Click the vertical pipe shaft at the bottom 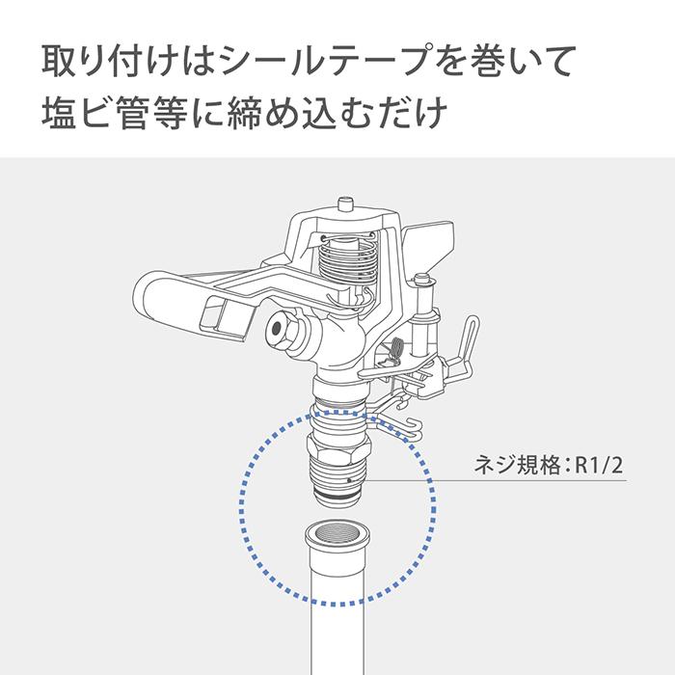[335, 627]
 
